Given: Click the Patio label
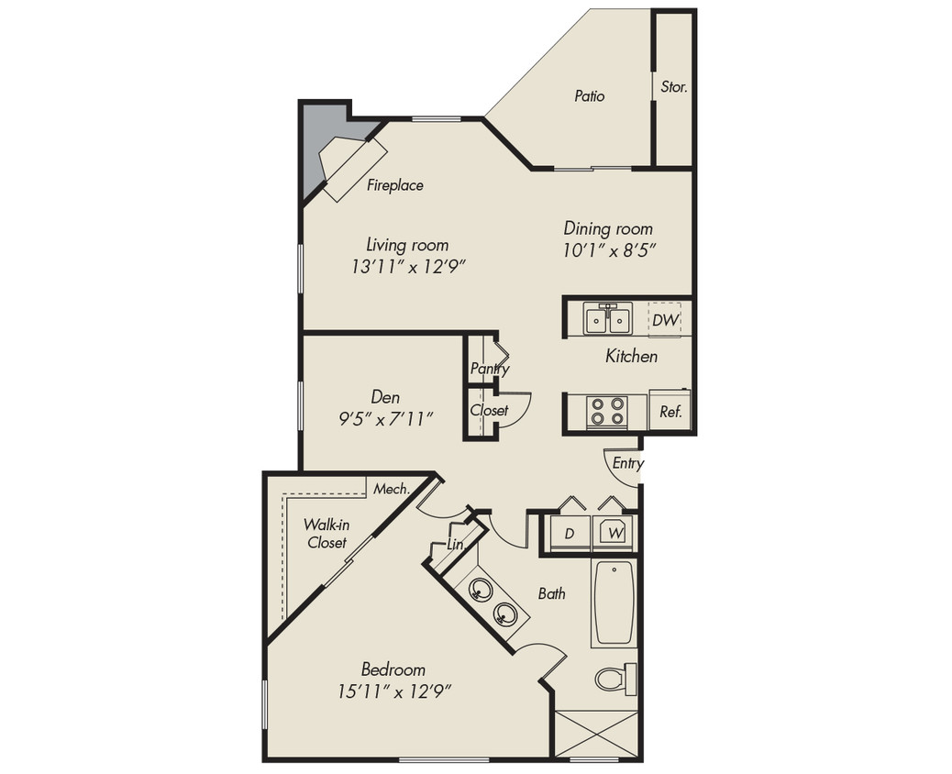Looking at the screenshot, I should click(590, 95).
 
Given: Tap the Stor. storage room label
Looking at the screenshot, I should click(674, 88).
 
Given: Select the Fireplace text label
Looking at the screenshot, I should click(395, 185).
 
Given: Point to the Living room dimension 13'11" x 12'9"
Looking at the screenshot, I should click(408, 268).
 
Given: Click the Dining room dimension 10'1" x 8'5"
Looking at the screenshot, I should click(608, 249).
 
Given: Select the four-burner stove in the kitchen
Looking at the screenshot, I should click(606, 411).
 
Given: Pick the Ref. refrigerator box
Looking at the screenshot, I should click(670, 412).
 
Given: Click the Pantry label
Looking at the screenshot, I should click(490, 369).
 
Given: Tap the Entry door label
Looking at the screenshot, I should click(627, 463).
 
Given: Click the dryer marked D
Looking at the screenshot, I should click(569, 533).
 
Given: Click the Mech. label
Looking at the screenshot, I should click(391, 489).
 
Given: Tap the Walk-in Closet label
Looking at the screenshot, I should click(326, 533).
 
